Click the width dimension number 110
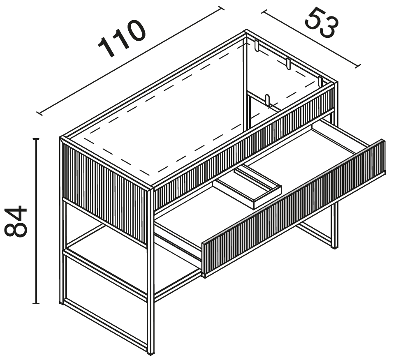(x=122, y=38)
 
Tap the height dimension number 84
(x=16, y=222)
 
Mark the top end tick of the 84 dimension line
(x=36, y=139)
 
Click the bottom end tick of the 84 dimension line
(x=36, y=303)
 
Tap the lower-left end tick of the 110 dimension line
(x=39, y=113)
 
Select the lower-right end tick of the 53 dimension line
(x=358, y=66)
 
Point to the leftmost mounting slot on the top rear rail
(x=257, y=46)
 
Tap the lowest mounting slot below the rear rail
(x=268, y=100)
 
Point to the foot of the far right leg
(x=334, y=247)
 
